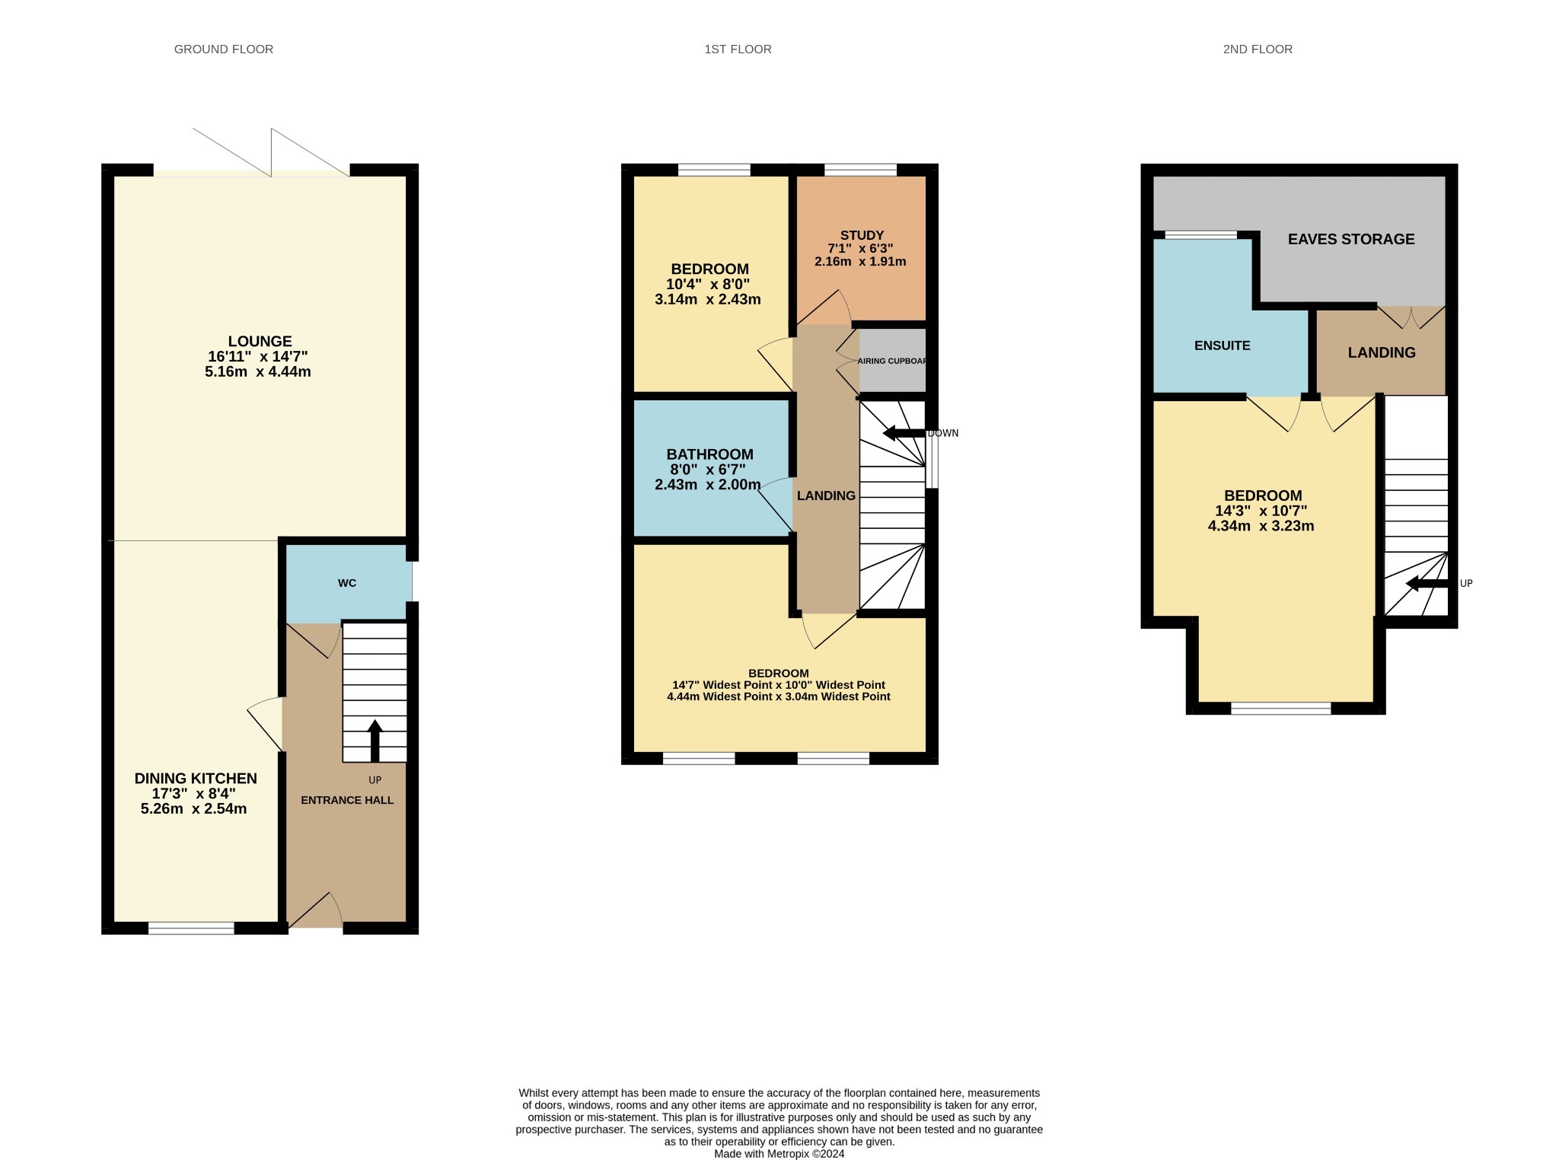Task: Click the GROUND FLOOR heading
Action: [x=224, y=49]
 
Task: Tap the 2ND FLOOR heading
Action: [x=1258, y=49]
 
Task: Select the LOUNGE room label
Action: [x=260, y=342]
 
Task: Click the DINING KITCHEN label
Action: [x=196, y=779]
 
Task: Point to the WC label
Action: [x=347, y=583]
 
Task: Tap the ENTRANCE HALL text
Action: [x=347, y=800]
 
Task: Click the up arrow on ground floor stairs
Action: [x=375, y=741]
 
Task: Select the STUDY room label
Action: [x=862, y=236]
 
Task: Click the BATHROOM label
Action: [x=709, y=454]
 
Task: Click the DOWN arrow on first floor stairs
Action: [x=904, y=433]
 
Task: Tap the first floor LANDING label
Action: [x=826, y=496]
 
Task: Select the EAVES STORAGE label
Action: [x=1351, y=239]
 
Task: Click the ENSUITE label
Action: [x=1222, y=346]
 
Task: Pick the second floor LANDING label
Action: [x=1382, y=352]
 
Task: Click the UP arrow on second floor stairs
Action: [x=1427, y=584]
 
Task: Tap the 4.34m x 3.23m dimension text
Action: [x=1261, y=526]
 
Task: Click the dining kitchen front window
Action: [x=191, y=928]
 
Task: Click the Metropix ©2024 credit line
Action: [x=779, y=1153]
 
